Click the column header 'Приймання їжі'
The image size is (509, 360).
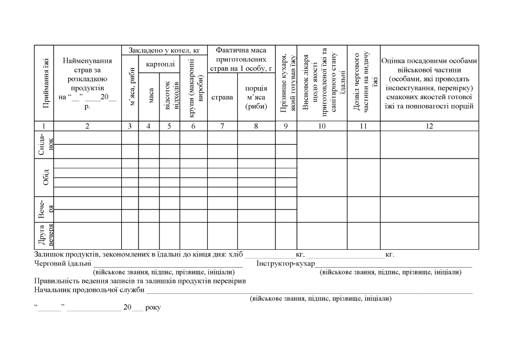coord(46,83)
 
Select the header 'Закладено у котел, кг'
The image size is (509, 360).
coord(164,50)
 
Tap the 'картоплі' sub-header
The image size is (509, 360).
coord(160,64)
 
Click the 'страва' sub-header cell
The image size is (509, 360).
coord(222,98)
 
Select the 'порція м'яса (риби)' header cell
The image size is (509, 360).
coord(257,98)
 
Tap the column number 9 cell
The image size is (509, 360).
coord(286,126)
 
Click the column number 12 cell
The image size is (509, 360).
coord(429,126)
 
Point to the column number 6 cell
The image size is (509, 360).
coord(194,126)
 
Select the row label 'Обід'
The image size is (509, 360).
coord(46,177)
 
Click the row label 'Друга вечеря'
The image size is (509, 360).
coord(46,236)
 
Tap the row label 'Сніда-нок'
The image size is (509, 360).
coord(46,144)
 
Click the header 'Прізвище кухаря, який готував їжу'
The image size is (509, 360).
coord(286,83)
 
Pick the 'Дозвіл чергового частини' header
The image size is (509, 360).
coord(363,83)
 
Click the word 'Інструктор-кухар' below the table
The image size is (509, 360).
coord(285,263)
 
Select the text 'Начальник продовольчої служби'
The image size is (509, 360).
coord(89,290)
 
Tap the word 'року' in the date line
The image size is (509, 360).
coord(154,308)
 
